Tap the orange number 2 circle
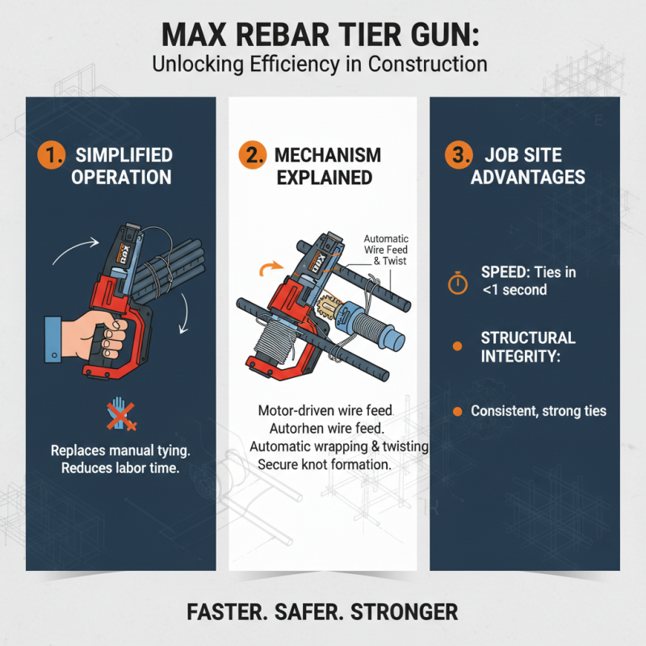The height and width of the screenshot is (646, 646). (252, 153)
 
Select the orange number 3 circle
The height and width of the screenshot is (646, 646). (455, 153)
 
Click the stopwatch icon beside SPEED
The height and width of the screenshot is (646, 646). (458, 282)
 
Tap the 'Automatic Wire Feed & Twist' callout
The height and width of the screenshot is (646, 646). (386, 250)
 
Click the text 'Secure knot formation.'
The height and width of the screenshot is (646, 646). (325, 465)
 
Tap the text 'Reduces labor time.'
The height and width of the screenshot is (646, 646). (121, 468)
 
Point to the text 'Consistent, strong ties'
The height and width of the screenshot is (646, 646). (539, 412)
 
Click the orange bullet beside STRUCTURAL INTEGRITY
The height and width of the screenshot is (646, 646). (457, 346)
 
